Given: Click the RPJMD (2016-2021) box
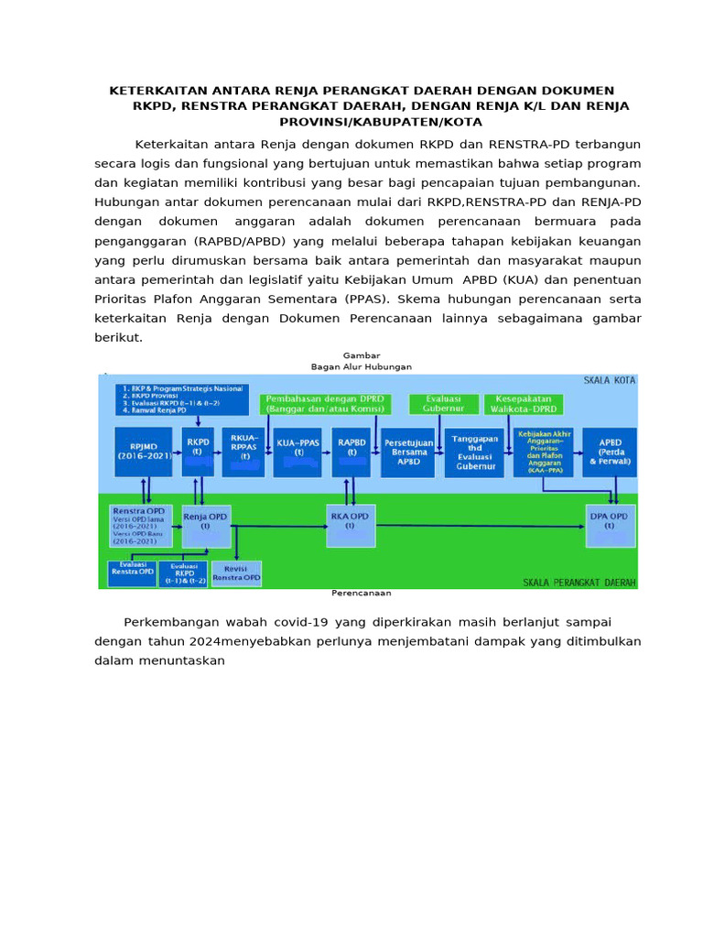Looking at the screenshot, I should tap(143, 452).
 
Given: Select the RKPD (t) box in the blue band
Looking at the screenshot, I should tap(199, 452).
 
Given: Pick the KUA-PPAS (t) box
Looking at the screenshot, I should tap(297, 452).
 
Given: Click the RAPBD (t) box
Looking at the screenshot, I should tap(351, 452).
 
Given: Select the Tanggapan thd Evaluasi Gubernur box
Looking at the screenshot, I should tap(474, 453).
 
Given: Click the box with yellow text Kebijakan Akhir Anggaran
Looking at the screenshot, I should tap(544, 452).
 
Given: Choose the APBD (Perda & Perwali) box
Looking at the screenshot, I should tap(610, 452).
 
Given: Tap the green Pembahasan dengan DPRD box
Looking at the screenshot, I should tap(325, 404).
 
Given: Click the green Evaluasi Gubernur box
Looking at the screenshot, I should tap(441, 404).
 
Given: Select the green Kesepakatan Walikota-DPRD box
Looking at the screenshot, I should tap(524, 404).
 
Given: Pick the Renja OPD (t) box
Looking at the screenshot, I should tap(206, 526).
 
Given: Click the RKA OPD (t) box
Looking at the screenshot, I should tap(350, 526).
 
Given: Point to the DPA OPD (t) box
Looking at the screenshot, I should tap(611, 526).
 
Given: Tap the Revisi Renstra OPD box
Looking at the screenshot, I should tap(236, 573).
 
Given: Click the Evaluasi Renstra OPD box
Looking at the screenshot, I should tap(133, 573).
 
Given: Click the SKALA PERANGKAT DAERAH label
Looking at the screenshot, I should tap(579, 582).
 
